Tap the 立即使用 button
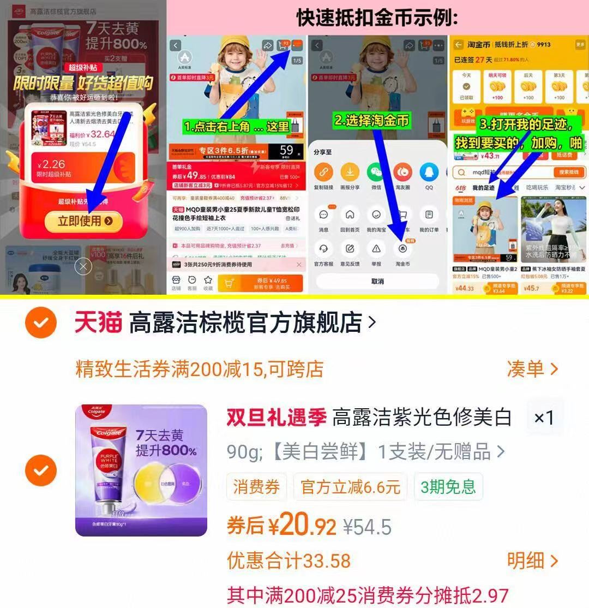coord(86,220)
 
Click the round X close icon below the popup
coord(83,266)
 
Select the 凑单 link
coord(532,369)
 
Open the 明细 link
coord(532,561)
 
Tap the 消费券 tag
coord(256,486)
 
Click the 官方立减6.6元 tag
coord(350,486)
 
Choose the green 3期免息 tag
coord(448,486)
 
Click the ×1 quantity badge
coord(543,418)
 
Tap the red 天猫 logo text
coord(98,323)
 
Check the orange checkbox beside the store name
coord(41,323)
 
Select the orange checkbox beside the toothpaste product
coord(41,470)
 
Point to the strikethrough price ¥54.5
coord(367,527)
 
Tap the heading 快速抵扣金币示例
coord(377,18)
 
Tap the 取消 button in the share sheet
coord(377,282)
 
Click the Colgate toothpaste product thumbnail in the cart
coord(141,470)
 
